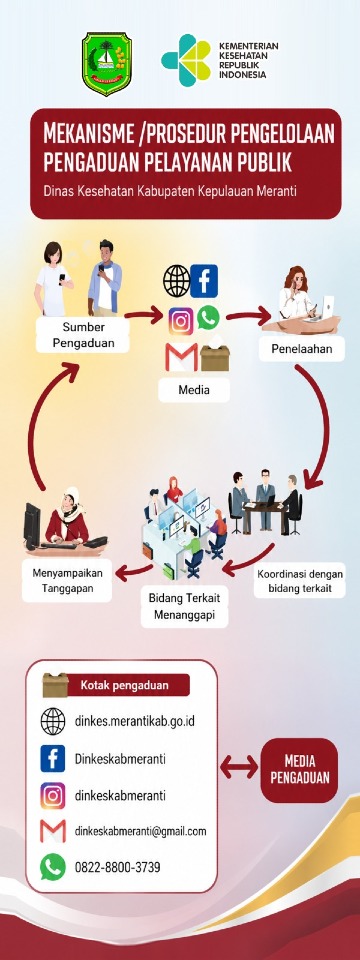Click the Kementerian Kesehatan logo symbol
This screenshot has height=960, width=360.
[186, 60]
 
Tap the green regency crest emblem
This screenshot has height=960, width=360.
[107, 64]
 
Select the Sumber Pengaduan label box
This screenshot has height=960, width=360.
[83, 334]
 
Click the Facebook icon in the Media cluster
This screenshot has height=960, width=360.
[204, 281]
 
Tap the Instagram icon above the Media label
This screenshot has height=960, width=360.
[181, 321]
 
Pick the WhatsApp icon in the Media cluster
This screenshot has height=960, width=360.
[208, 317]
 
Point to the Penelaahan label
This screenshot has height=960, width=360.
[301, 349]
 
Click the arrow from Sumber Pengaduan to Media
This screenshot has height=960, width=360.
[143, 317]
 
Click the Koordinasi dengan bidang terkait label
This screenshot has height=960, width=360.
[299, 581]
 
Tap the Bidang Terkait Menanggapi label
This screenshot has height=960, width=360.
[184, 606]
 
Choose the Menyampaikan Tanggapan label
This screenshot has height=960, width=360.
[67, 580]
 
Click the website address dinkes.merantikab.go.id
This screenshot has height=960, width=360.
[135, 721]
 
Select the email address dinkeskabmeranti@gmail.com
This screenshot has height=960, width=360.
[141, 831]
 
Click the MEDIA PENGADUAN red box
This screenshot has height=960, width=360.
[299, 770]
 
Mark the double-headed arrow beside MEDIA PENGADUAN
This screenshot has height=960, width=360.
[239, 767]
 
